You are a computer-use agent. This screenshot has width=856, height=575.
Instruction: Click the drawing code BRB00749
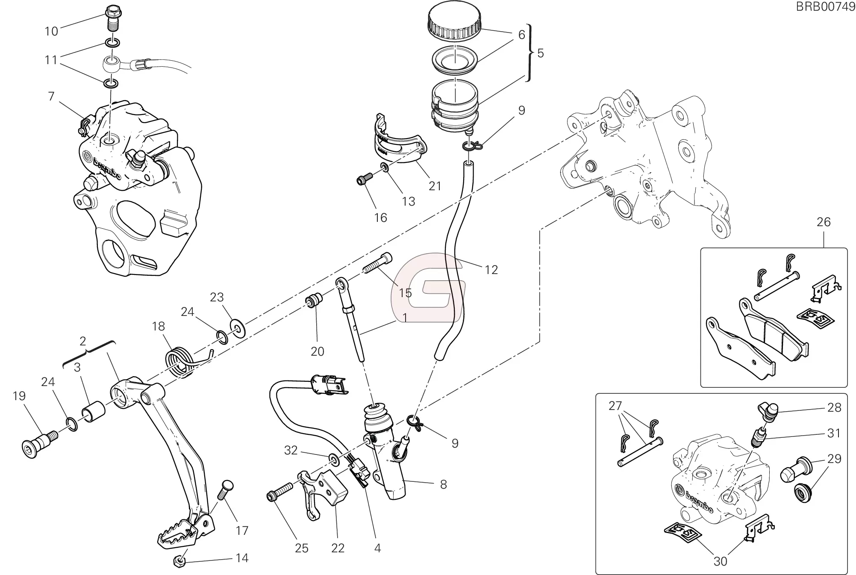(x=831, y=7)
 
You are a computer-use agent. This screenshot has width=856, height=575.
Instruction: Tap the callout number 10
(x=51, y=31)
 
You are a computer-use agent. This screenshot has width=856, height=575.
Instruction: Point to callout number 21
(x=435, y=186)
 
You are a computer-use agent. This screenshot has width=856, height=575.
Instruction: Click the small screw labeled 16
(x=363, y=181)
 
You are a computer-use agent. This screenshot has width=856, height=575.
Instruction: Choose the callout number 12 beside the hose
(x=491, y=270)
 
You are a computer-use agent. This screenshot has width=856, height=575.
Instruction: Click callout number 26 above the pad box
(x=824, y=222)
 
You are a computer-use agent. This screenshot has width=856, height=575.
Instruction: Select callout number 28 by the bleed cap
(x=834, y=407)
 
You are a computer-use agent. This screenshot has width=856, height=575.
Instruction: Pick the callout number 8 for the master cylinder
(x=443, y=484)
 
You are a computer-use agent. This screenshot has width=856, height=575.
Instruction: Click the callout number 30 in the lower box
(x=720, y=561)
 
